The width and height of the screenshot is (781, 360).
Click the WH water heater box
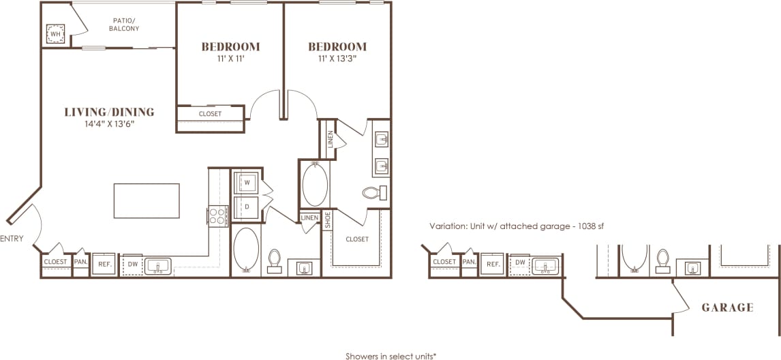[x=55, y=33]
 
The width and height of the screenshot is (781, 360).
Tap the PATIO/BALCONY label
[x=125, y=25]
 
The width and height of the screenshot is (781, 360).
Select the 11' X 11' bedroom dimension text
[x=230, y=59]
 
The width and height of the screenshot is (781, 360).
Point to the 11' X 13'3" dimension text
[x=337, y=59]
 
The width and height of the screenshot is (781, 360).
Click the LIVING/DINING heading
[x=109, y=112]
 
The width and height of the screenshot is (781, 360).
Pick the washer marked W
[x=246, y=183]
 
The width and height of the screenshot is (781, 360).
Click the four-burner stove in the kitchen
[x=218, y=216]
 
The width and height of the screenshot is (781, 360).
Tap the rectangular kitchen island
[x=147, y=200]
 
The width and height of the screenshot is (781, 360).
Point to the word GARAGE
[x=727, y=307]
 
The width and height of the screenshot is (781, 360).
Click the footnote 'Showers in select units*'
[x=390, y=356]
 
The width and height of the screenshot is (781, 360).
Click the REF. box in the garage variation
[x=492, y=262]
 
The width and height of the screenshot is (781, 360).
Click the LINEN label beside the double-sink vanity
[x=331, y=138]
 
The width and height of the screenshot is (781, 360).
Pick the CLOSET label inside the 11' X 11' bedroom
[x=210, y=114]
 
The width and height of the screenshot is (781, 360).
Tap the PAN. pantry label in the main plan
[x=80, y=262]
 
